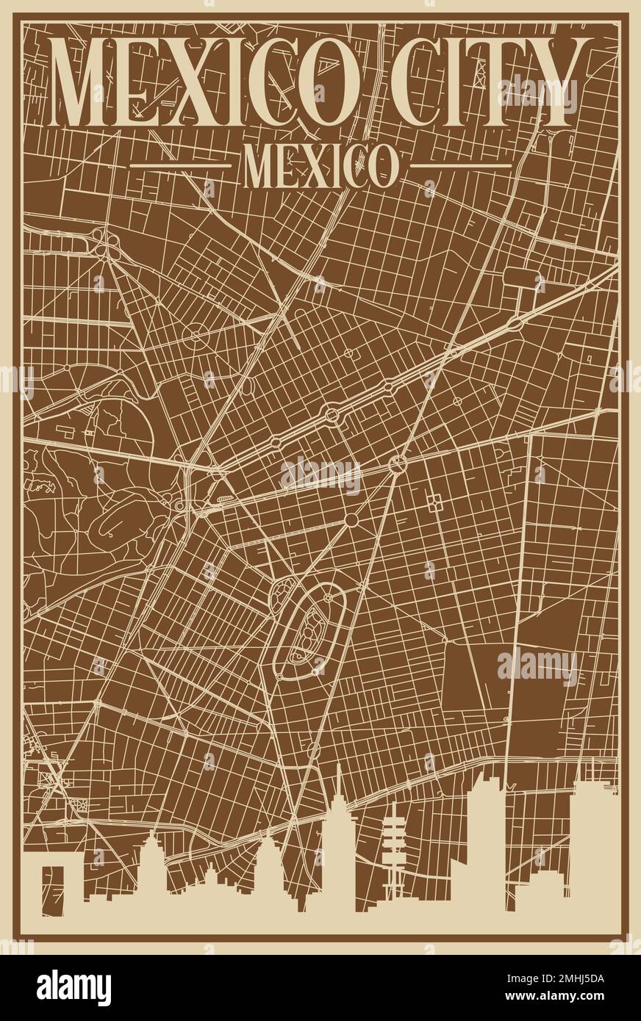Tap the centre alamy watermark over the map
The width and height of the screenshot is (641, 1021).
[x=320, y=475]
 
